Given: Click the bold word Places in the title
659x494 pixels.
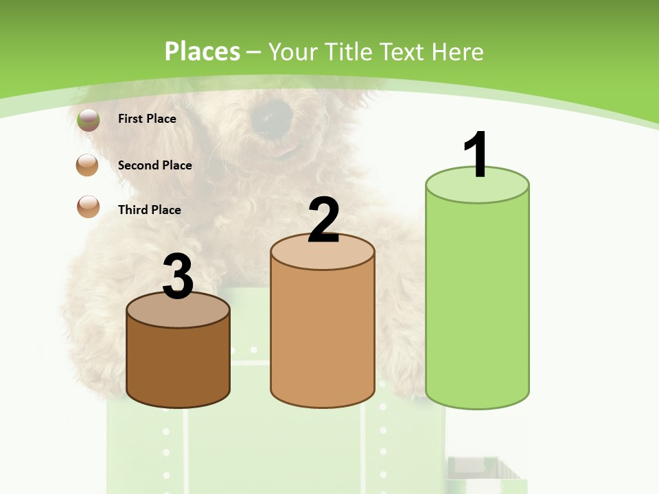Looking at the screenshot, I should (x=203, y=51).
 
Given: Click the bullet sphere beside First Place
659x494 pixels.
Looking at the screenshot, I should (x=88, y=119).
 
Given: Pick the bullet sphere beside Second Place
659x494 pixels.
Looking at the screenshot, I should (x=87, y=165).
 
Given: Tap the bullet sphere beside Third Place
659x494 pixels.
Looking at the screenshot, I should (x=88, y=207).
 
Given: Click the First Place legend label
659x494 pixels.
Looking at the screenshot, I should (x=147, y=119).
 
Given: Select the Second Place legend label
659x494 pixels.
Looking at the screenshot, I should (x=154, y=165).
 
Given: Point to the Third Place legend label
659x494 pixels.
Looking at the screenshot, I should (x=149, y=210).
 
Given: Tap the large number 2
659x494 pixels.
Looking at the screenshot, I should (x=323, y=220).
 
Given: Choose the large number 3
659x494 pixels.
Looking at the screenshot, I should (x=178, y=277).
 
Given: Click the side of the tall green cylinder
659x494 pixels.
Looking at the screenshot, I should (x=477, y=302).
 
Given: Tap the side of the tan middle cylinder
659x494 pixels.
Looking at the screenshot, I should (x=323, y=336).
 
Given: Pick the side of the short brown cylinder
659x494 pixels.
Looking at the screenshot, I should (x=178, y=364).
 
